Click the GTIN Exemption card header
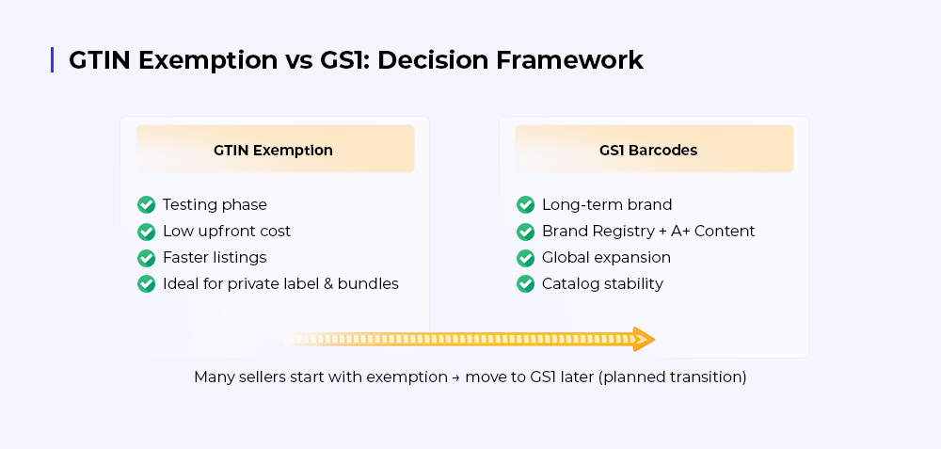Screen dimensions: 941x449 [275, 149]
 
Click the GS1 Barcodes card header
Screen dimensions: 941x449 [654, 149]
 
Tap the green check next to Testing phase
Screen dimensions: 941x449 [147, 204]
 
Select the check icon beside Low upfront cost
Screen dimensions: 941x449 [147, 232]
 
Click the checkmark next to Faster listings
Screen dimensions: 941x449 [147, 258]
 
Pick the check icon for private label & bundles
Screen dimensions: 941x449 [147, 284]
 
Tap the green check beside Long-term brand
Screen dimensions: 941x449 [526, 204]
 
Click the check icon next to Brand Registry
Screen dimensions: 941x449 [526, 232]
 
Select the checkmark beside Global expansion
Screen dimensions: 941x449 [526, 258]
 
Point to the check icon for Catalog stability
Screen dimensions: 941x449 [526, 284]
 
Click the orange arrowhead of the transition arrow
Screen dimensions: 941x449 [644, 339]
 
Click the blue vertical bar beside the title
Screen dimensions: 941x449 [52, 60]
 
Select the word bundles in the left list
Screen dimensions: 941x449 [368, 283]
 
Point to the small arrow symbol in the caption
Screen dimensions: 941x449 [456, 377]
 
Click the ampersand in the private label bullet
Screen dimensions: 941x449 [327, 284]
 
